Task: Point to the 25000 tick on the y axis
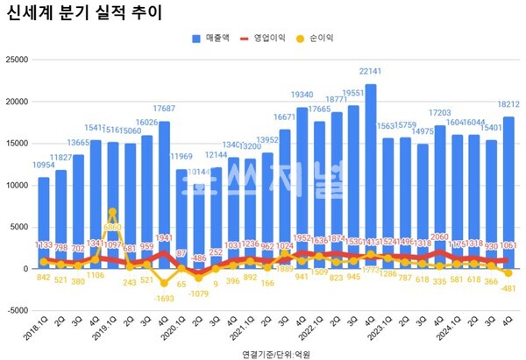pyautogui.click(x=16, y=60)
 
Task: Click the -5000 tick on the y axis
pyautogui.click(x=16, y=310)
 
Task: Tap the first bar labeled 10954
pyautogui.click(x=44, y=222)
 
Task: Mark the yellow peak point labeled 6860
pyautogui.click(x=112, y=212)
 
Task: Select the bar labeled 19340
pyautogui.click(x=302, y=187)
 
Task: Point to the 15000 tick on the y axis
pyautogui.click(x=16, y=144)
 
